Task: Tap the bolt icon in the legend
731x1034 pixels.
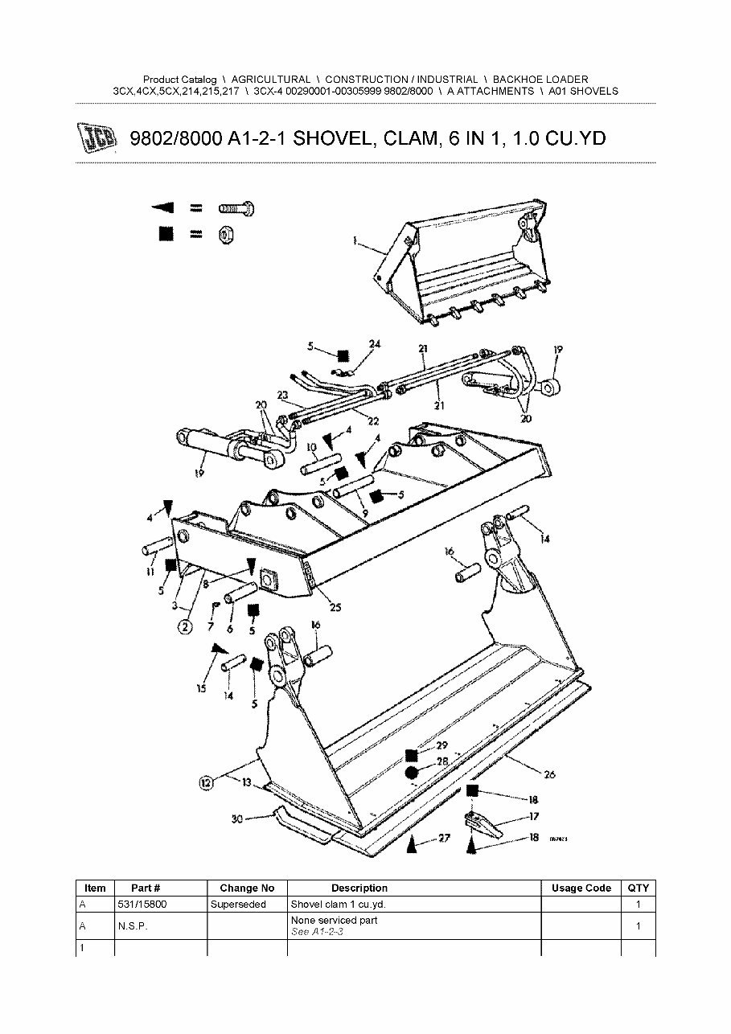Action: [x=236, y=209]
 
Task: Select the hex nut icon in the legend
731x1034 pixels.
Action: [x=225, y=235]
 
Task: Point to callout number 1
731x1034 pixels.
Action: [x=355, y=240]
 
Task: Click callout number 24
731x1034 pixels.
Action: [x=375, y=344]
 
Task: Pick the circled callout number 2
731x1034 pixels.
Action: [x=185, y=627]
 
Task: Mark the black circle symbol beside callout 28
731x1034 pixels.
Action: [x=412, y=773]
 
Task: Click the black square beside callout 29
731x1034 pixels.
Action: [x=412, y=754]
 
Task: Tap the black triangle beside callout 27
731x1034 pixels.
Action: [x=412, y=843]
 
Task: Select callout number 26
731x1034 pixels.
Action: [x=549, y=775]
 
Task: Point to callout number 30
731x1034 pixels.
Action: [x=236, y=819]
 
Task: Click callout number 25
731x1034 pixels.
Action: [x=335, y=607]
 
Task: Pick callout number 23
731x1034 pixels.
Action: [x=282, y=395]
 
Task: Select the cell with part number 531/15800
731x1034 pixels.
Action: [x=145, y=904]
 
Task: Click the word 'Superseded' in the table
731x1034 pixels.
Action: [x=238, y=904]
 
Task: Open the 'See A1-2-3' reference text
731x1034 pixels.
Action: [x=318, y=931]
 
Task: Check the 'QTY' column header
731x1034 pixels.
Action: [x=638, y=888]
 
